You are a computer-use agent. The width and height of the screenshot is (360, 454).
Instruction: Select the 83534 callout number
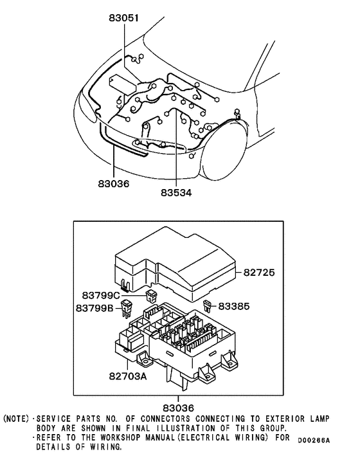tap(176, 192)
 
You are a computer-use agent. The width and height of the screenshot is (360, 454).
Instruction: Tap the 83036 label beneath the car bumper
tap(114, 184)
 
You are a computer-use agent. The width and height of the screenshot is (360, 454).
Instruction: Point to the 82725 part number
tap(259, 273)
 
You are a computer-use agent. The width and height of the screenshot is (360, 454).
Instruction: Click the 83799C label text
tap(101, 295)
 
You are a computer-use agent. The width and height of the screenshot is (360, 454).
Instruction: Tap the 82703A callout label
tap(127, 375)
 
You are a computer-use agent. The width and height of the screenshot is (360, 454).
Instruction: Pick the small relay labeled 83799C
tap(152, 296)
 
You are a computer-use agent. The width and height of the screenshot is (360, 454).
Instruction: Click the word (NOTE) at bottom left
tap(16, 419)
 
